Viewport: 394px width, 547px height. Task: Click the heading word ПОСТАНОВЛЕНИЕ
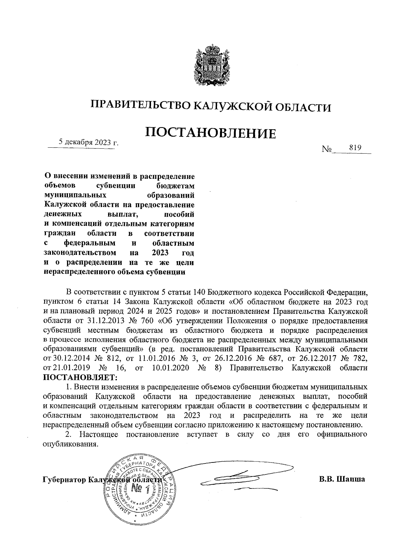(210, 133)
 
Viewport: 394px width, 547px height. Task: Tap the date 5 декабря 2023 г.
(88, 142)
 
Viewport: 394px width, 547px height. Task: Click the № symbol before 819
(327, 149)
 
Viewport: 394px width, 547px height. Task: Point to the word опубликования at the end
(71, 443)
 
